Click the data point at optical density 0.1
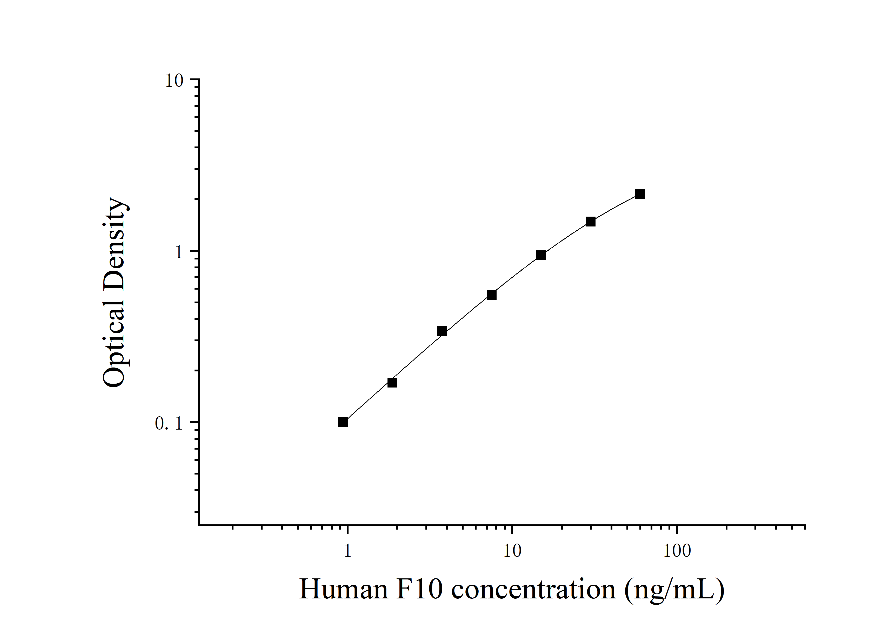click(343, 422)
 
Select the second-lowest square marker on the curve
click(392, 383)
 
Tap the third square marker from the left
click(442, 331)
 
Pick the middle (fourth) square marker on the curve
click(491, 295)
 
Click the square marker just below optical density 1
click(541, 255)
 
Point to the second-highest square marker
click(591, 222)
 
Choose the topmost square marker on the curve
click(640, 194)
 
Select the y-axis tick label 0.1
click(169, 424)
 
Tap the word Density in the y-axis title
click(115, 244)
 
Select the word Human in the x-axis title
click(343, 590)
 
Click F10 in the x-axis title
click(419, 590)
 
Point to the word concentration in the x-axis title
click(533, 590)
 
